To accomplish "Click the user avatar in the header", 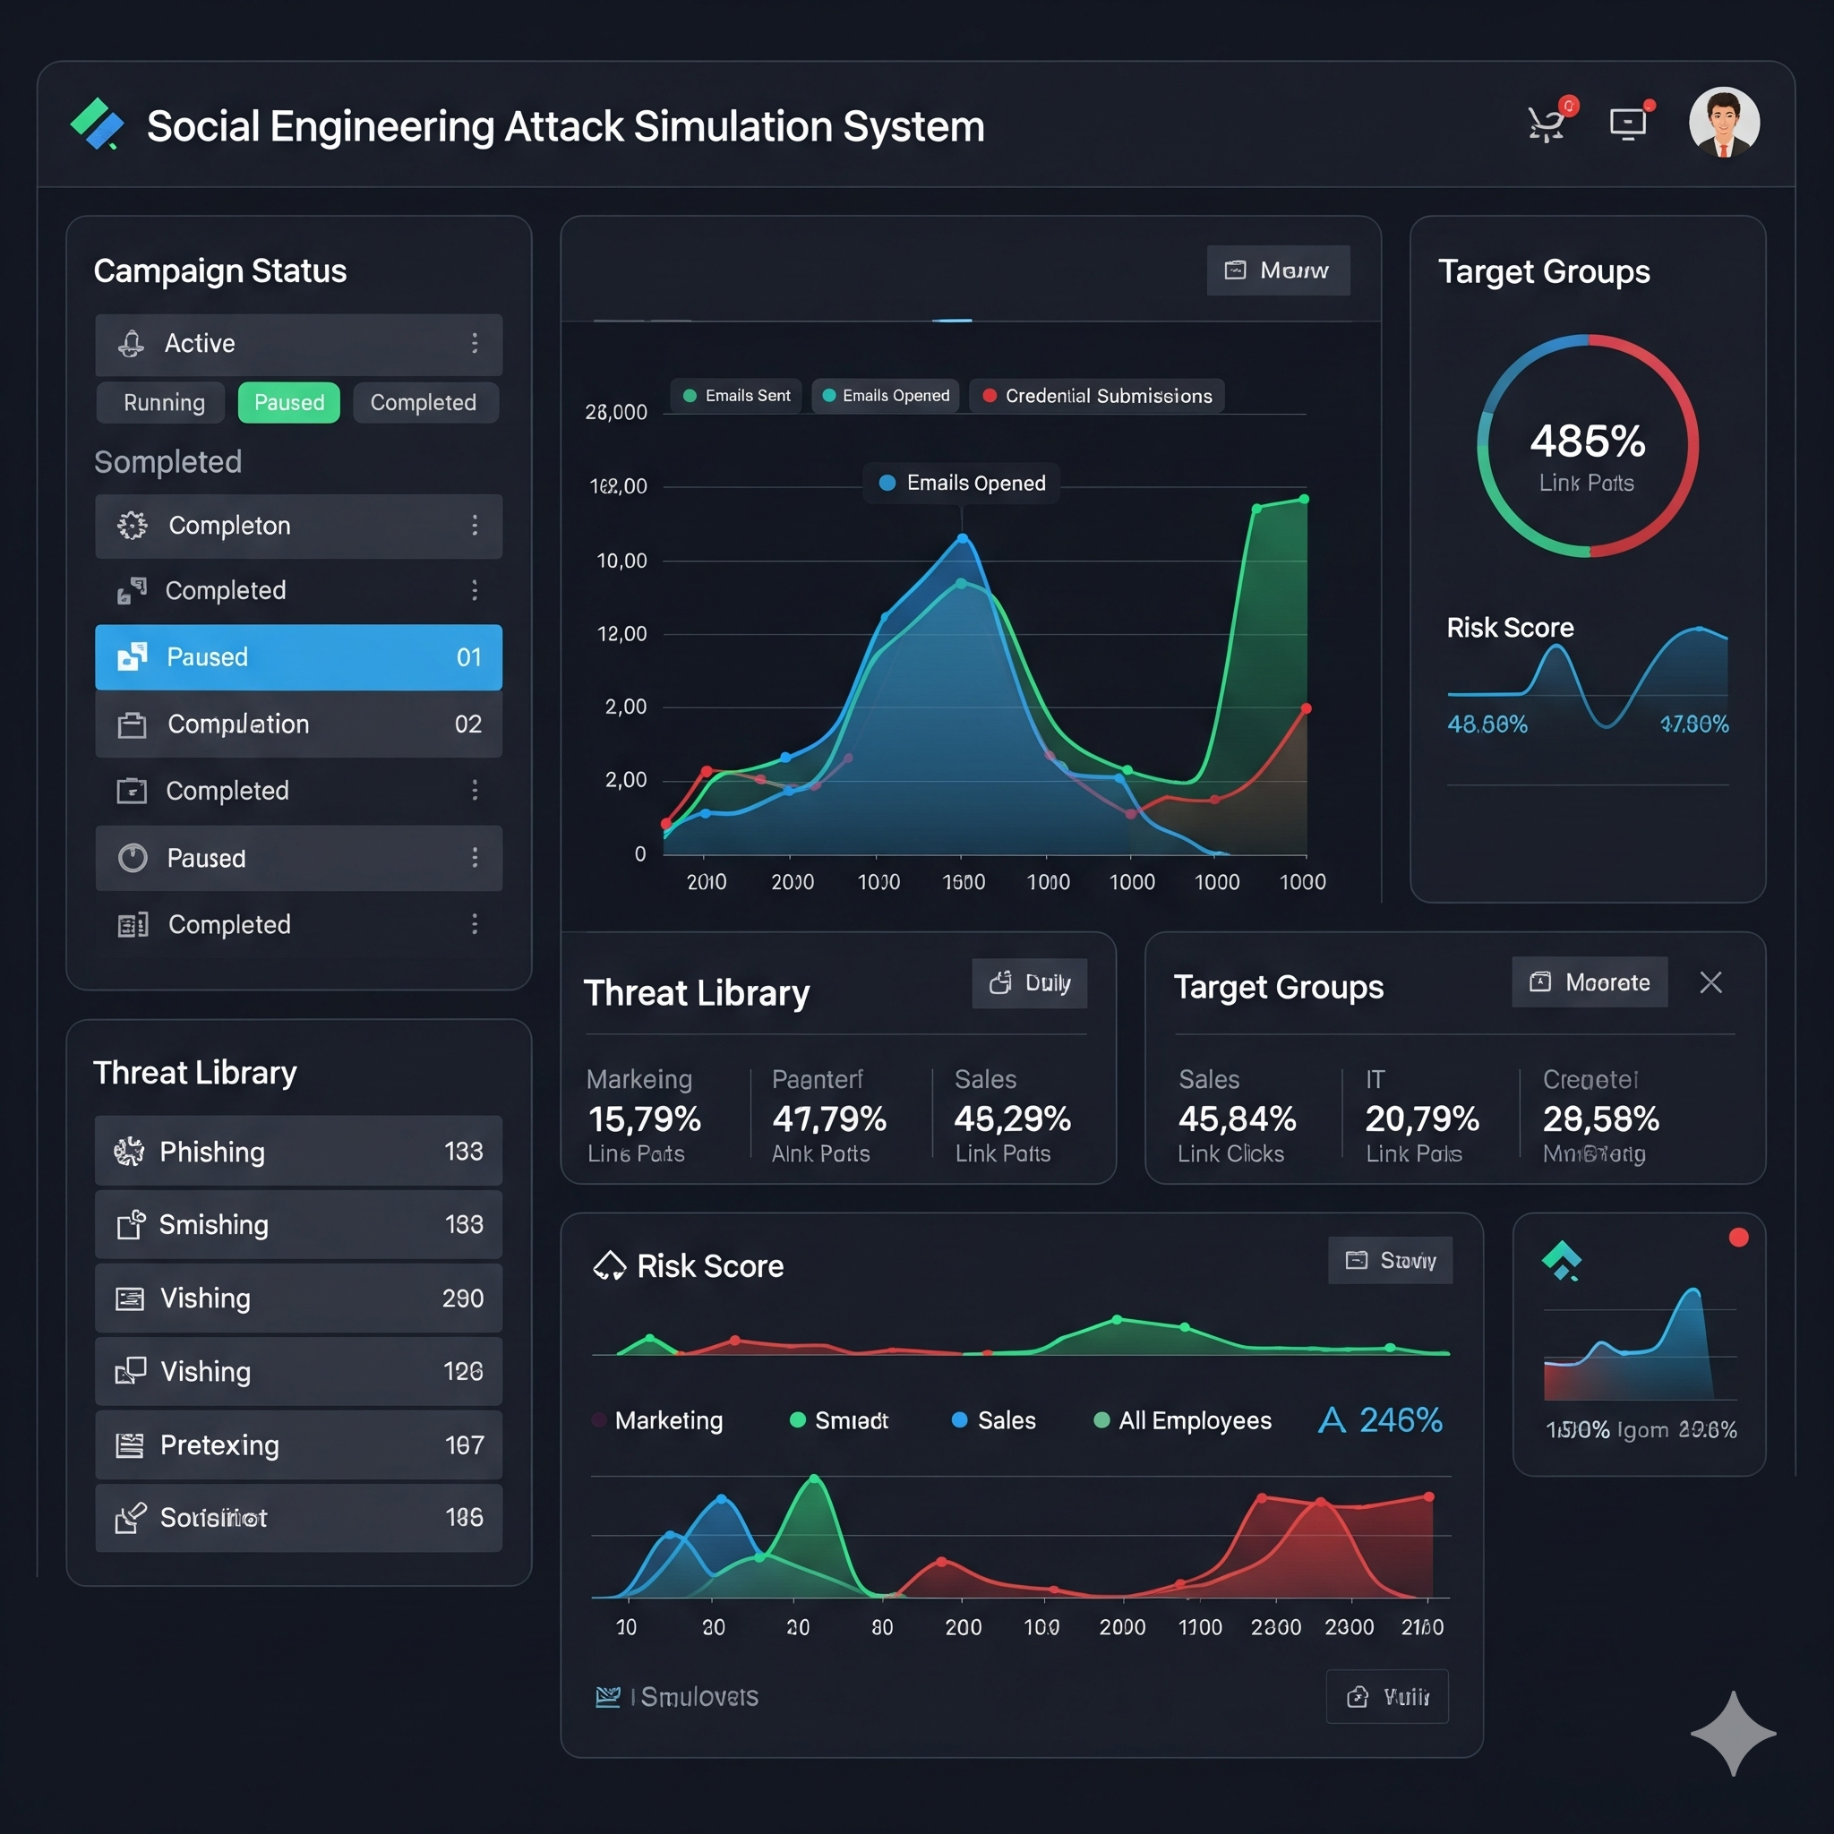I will pyautogui.click(x=1723, y=124).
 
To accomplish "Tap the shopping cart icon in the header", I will pyautogui.click(x=1547, y=124).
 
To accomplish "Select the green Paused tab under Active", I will pyautogui.click(x=288, y=402).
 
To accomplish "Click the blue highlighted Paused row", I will pyautogui.click(x=298, y=657).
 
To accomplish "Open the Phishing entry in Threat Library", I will pyautogui.click(x=298, y=1151).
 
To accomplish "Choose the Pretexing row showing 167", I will pyautogui.click(x=298, y=1444).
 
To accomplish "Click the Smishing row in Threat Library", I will pyautogui.click(x=298, y=1224).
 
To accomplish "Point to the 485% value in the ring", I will pyautogui.click(x=1587, y=441).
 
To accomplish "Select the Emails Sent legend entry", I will pyautogui.click(x=737, y=396).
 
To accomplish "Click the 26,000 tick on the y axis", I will pyautogui.click(x=616, y=413).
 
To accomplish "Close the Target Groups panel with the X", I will pyautogui.click(x=1710, y=982).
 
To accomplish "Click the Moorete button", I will pyautogui.click(x=1590, y=982).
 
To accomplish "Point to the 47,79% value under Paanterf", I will pyautogui.click(x=828, y=1119).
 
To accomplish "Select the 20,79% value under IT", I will pyautogui.click(x=1422, y=1119).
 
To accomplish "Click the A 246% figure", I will pyautogui.click(x=1380, y=1420).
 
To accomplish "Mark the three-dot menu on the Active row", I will pyautogui.click(x=475, y=344).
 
